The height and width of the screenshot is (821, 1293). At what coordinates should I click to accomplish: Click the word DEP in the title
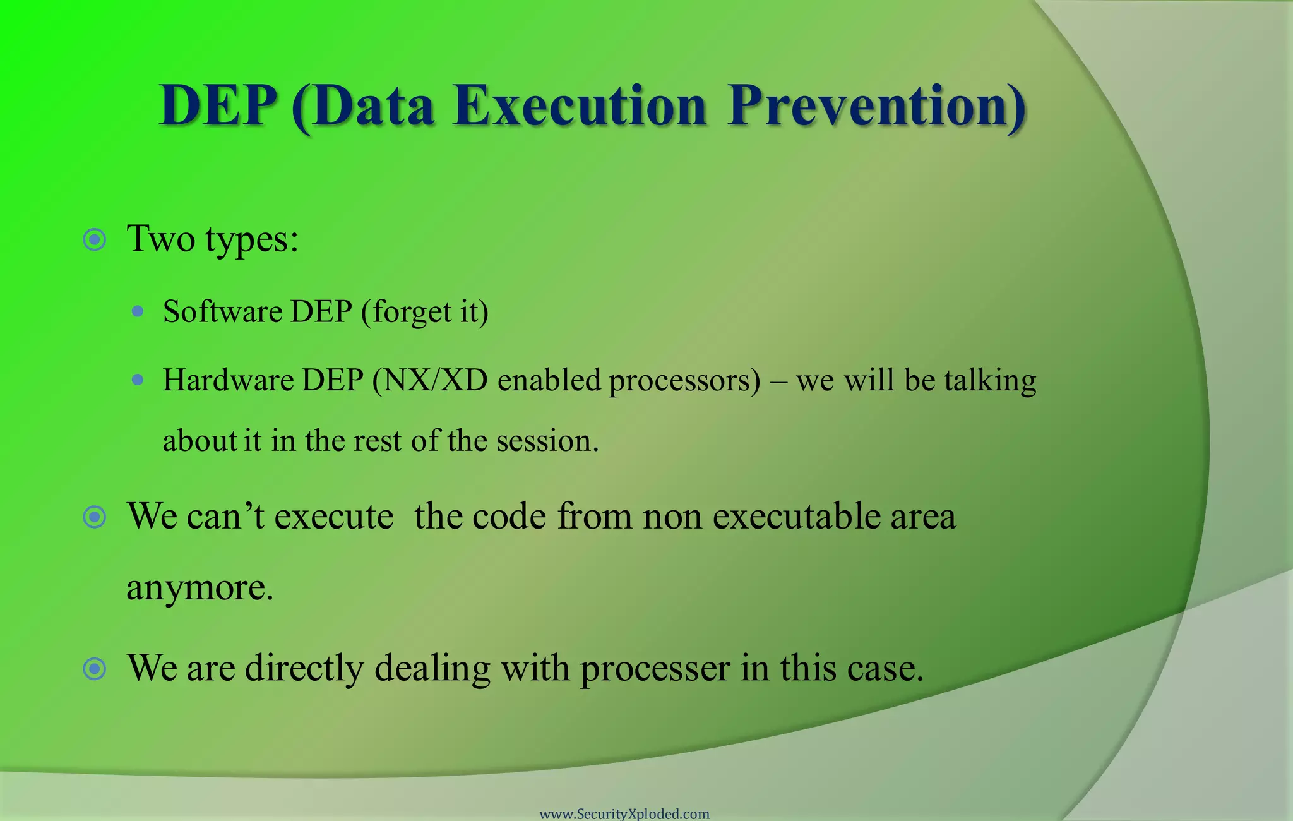tap(218, 105)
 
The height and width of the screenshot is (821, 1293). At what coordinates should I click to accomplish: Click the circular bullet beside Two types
tap(95, 240)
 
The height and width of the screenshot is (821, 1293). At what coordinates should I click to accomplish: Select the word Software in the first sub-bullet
tap(222, 311)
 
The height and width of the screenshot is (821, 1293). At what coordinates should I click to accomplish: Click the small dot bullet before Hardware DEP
tap(138, 380)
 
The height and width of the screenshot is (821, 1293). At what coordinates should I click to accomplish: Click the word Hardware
tap(228, 380)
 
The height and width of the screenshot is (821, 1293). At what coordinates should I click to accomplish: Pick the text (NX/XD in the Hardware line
tap(430, 380)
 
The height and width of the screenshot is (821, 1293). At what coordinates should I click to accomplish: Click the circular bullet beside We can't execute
tap(95, 517)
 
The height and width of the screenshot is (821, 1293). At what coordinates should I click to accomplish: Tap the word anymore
tap(199, 588)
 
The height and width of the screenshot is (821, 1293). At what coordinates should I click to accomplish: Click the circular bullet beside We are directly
tap(95, 668)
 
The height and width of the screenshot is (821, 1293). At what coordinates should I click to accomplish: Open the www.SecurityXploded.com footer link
tap(624, 813)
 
